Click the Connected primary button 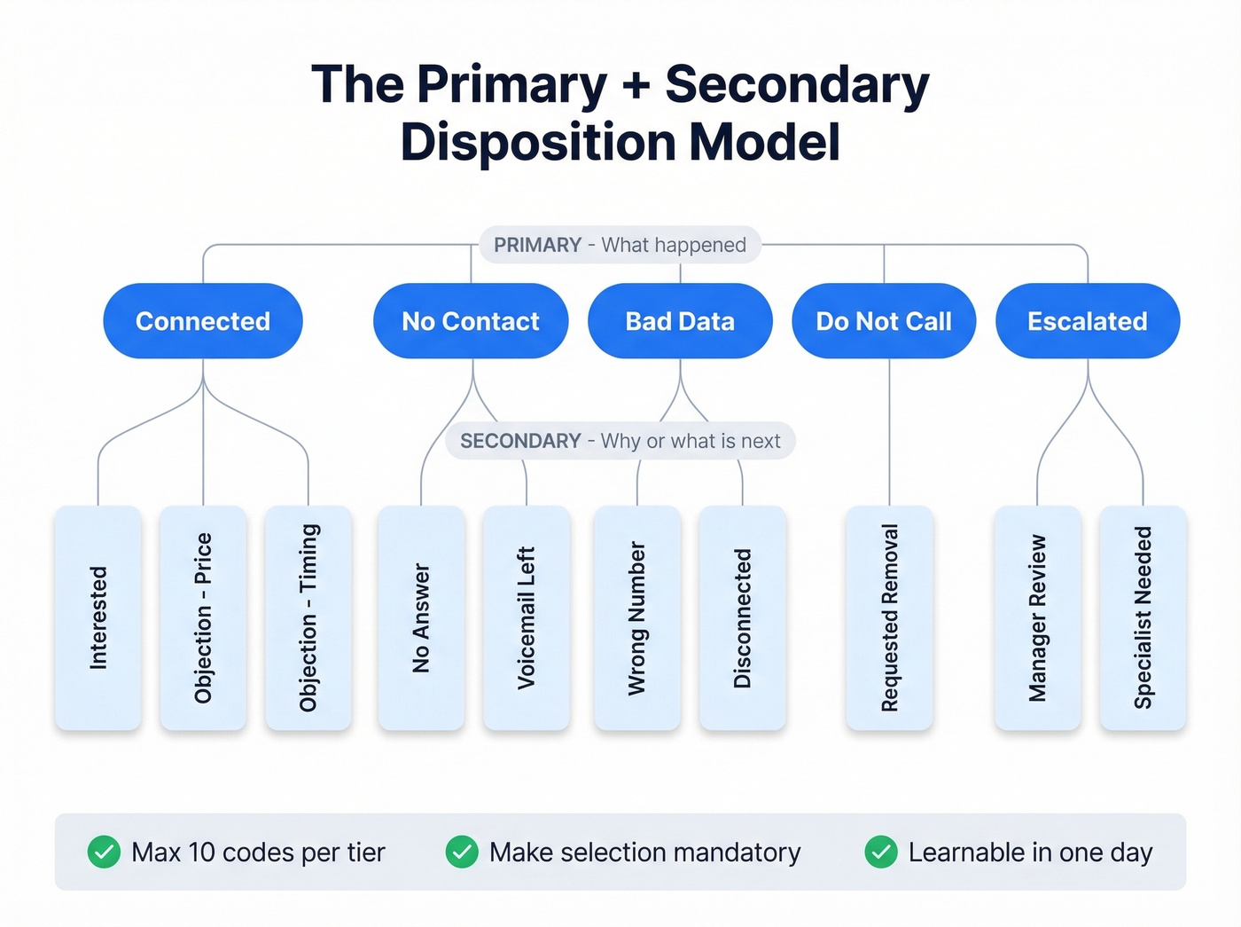tap(203, 321)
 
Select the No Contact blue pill tap(471, 321)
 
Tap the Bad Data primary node tap(680, 321)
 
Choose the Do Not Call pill tap(884, 321)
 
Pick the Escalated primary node tap(1088, 321)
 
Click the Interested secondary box tap(98, 617)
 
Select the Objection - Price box tap(203, 617)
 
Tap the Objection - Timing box tap(308, 617)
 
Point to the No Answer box tap(421, 617)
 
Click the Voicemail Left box tap(527, 617)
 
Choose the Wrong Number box tap(637, 617)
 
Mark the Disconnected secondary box tap(743, 617)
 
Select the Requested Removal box tap(890, 617)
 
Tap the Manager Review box tap(1038, 617)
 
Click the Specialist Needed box tap(1143, 617)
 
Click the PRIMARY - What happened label tap(620, 245)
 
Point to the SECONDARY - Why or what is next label tap(620, 441)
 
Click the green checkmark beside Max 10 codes tap(104, 852)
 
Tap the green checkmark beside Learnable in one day tap(881, 852)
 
